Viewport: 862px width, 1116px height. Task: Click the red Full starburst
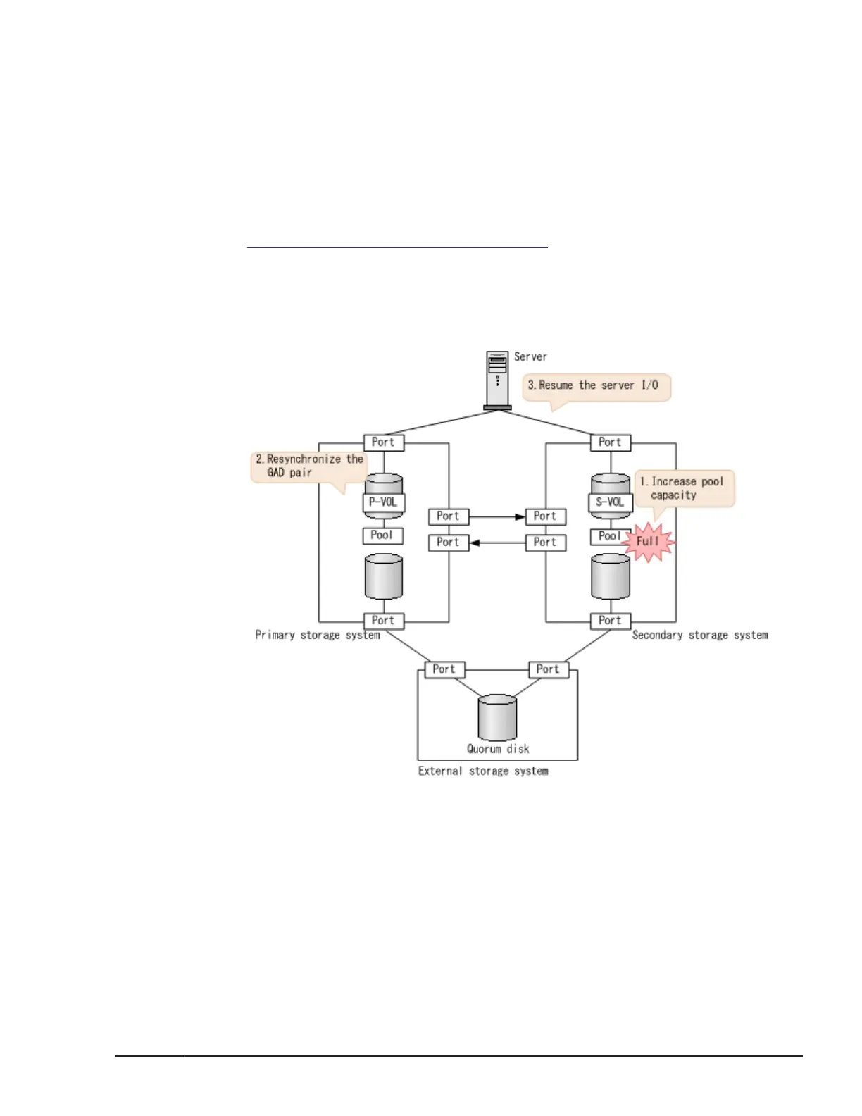(x=648, y=542)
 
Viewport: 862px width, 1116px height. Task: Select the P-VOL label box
(x=384, y=502)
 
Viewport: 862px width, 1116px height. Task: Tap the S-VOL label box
(x=610, y=502)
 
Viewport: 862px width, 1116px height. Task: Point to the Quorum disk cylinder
(x=497, y=717)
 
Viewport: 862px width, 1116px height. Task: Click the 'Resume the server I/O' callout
(x=596, y=386)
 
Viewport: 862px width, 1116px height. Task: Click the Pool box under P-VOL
(x=383, y=535)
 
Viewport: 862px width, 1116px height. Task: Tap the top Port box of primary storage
(x=384, y=442)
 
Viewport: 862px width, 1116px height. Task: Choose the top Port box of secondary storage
(x=610, y=442)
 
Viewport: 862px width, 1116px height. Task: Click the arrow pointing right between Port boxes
(x=497, y=517)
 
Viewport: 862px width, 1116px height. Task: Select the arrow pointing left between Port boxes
(x=497, y=543)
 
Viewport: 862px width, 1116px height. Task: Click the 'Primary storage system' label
(x=317, y=635)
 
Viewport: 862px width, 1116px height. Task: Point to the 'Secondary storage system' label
(x=700, y=635)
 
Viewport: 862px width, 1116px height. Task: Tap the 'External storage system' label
(x=483, y=771)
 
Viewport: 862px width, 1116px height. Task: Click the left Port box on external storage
(x=444, y=669)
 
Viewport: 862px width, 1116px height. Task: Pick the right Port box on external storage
(x=548, y=669)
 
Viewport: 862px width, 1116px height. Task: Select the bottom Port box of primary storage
(x=384, y=621)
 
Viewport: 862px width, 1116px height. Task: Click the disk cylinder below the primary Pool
(x=384, y=576)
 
